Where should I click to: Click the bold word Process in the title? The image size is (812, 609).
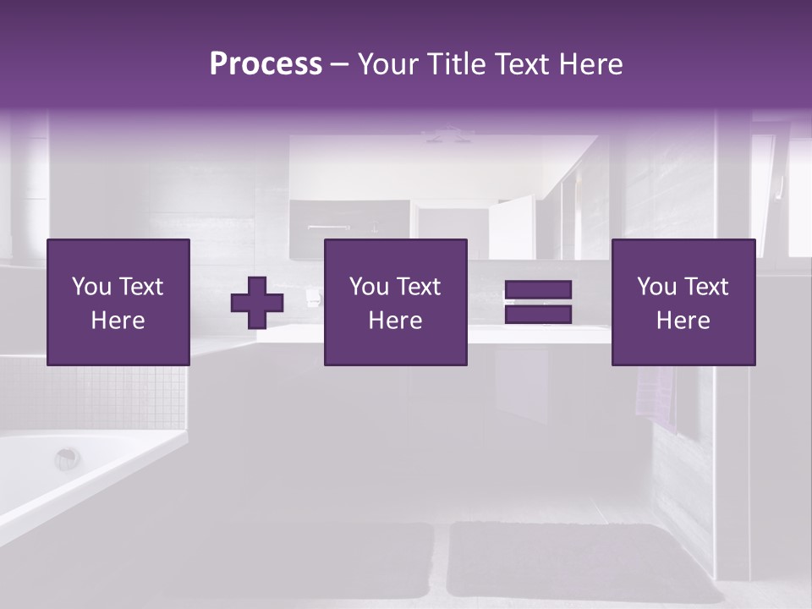pyautogui.click(x=266, y=64)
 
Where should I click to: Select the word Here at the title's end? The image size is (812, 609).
pyautogui.click(x=590, y=64)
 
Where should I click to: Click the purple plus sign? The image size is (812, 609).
pyautogui.click(x=257, y=303)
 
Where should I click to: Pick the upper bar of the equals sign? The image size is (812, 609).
pyautogui.click(x=538, y=290)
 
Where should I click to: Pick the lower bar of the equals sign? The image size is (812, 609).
pyautogui.click(x=538, y=315)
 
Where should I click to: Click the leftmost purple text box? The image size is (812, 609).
pyautogui.click(x=118, y=302)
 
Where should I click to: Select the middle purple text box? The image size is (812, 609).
pyautogui.click(x=396, y=302)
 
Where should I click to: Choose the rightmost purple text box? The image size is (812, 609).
pyautogui.click(x=683, y=302)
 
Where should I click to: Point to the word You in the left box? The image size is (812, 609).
pyautogui.click(x=91, y=287)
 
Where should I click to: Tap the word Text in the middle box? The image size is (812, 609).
pyautogui.click(x=420, y=287)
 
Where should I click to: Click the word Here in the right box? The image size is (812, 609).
pyautogui.click(x=683, y=321)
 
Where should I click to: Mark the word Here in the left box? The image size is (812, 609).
pyautogui.click(x=118, y=321)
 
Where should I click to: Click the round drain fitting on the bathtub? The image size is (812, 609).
pyautogui.click(x=67, y=459)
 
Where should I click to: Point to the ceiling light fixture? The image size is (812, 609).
pyautogui.click(x=448, y=134)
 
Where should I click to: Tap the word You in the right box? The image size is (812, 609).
pyautogui.click(x=656, y=287)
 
